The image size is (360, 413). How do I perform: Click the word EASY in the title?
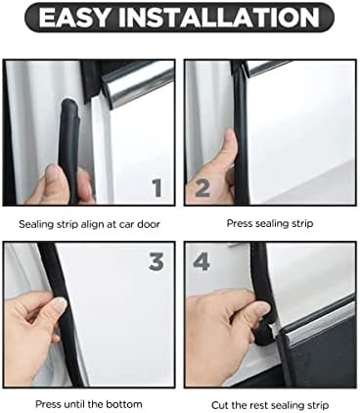[73, 18]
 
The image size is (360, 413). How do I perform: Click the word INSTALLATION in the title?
[219, 18]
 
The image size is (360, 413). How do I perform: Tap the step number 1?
[157, 188]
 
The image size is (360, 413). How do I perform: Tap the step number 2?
[202, 188]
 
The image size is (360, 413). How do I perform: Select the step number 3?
[157, 262]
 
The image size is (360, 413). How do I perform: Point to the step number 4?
[201, 262]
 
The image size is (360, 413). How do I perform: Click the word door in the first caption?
[149, 224]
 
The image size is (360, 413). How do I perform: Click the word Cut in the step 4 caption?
[220, 405]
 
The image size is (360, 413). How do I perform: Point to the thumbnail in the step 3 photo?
[61, 305]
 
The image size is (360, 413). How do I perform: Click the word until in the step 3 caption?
[73, 404]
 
